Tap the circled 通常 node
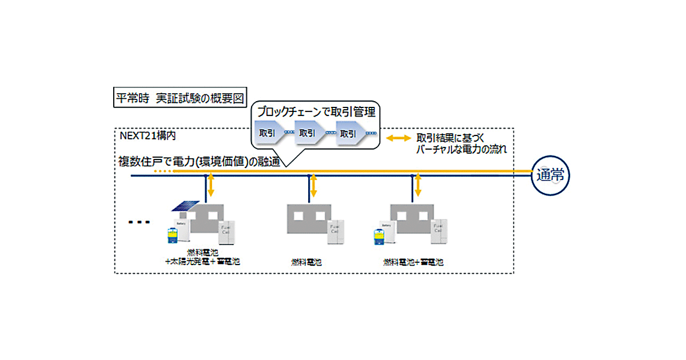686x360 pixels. pyautogui.click(x=550, y=175)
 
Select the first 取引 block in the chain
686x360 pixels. pyautogui.click(x=269, y=133)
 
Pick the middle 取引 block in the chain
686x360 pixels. pyautogui.click(x=309, y=133)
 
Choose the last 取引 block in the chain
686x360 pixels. pyautogui.click(x=349, y=133)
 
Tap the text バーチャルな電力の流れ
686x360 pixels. pyautogui.click(x=462, y=150)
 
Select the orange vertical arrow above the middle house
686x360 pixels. pyautogui.click(x=313, y=186)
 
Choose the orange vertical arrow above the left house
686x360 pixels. pyautogui.click(x=211, y=186)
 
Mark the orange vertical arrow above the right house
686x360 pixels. pyautogui.click(x=418, y=186)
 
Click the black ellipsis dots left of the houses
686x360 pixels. pyautogui.click(x=138, y=222)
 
